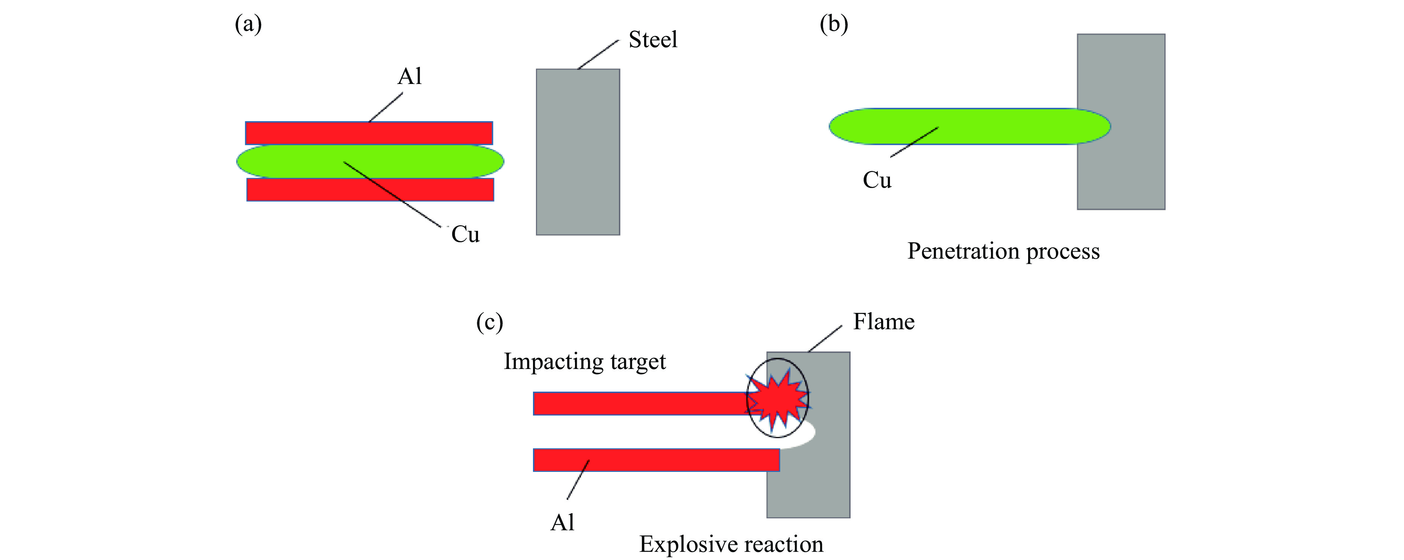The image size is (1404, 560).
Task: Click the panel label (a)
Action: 248,25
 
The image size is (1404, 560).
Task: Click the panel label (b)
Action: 834,25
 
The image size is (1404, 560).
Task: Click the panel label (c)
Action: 490,322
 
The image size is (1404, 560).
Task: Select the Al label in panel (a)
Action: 409,76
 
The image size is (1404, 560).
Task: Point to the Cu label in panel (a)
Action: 465,234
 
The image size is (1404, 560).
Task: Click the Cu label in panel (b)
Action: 877,180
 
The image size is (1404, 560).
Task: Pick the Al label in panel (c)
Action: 562,522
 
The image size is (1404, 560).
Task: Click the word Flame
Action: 884,322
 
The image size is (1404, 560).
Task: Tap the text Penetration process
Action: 1003,251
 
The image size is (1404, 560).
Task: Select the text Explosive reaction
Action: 731,544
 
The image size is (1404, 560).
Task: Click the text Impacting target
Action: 584,362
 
